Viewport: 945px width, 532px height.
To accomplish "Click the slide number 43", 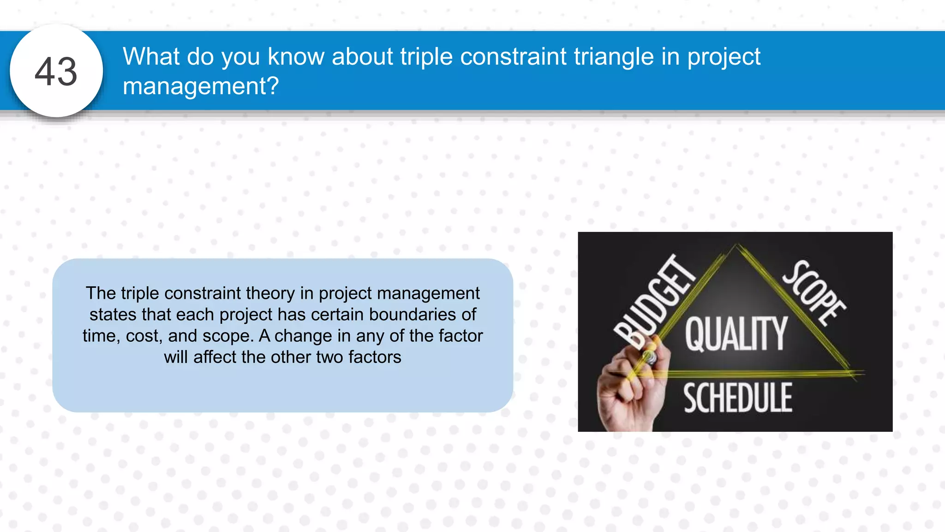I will pyautogui.click(x=56, y=72).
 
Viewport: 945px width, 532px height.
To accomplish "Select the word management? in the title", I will pyautogui.click(x=201, y=86).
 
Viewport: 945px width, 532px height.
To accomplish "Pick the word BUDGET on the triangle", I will pyautogui.click(x=654, y=302).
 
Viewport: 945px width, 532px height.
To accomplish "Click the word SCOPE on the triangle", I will pyautogui.click(x=814, y=293).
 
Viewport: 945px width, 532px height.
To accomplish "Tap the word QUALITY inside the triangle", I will pyautogui.click(x=736, y=334).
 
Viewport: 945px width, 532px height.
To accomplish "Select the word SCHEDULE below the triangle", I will pyautogui.click(x=737, y=398).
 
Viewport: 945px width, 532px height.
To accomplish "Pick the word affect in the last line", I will pyautogui.click(x=215, y=357).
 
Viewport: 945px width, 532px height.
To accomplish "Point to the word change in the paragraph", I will pyautogui.click(x=303, y=336).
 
